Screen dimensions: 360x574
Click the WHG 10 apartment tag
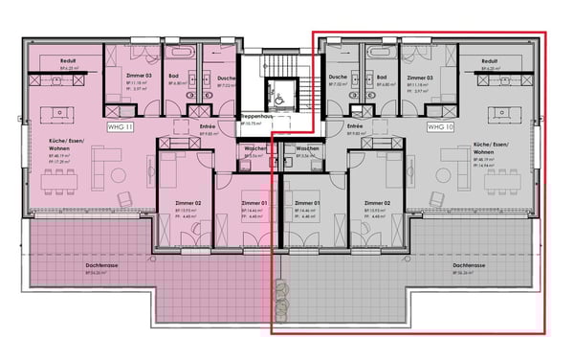pyautogui.click(x=440, y=126)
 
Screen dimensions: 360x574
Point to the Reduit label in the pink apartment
pyautogui.click(x=68, y=61)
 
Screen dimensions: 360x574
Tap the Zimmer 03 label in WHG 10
pyautogui.click(x=419, y=78)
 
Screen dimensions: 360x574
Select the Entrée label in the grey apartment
pyautogui.click(x=355, y=125)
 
